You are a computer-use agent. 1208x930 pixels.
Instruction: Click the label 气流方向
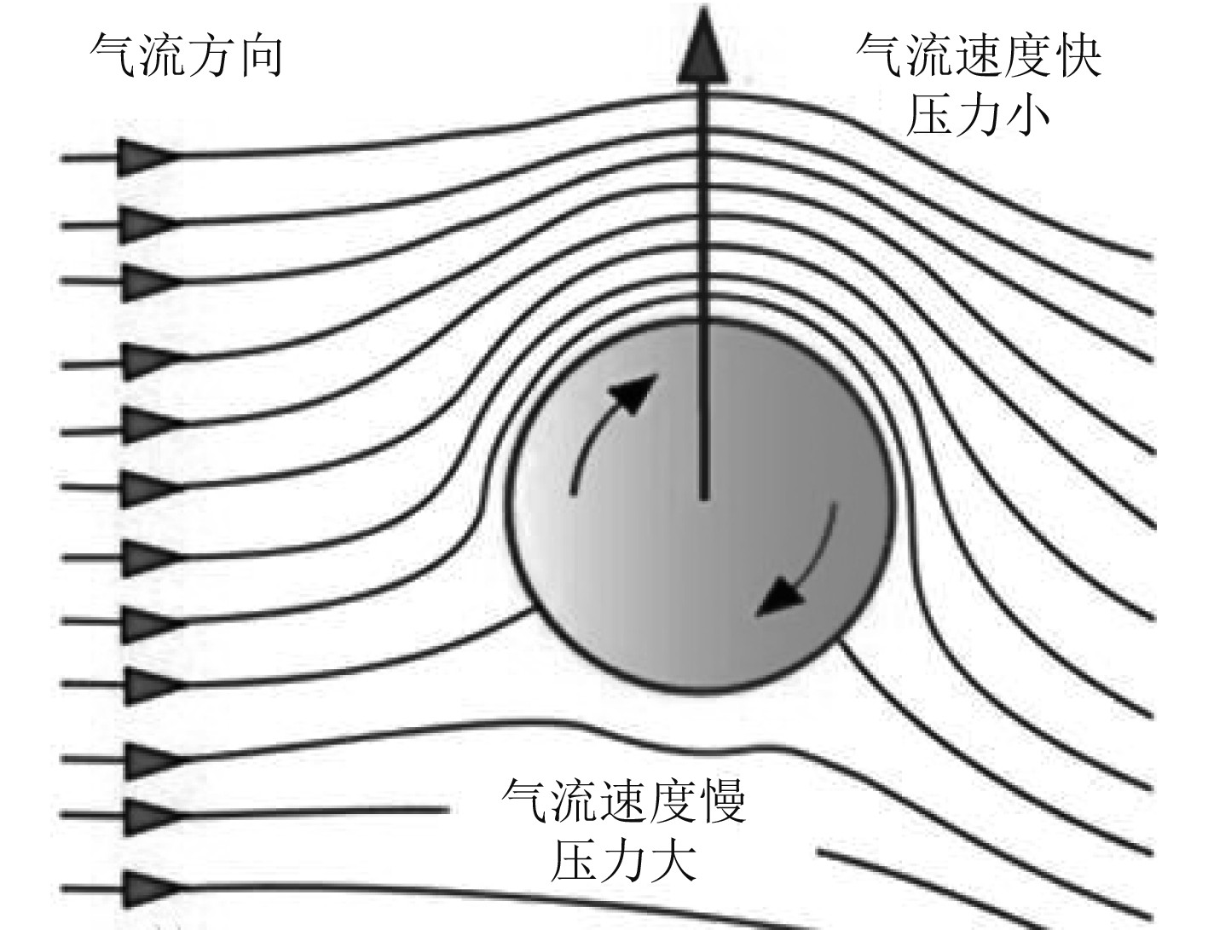pos(186,55)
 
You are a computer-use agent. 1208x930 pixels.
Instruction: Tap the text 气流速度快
pos(979,55)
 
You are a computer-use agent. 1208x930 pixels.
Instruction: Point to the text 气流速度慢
pos(624,800)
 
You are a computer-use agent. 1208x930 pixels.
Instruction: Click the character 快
pos(1076,55)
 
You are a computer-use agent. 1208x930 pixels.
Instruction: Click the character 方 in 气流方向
pos(211,55)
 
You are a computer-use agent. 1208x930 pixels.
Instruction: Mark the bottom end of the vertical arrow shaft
pos(703,494)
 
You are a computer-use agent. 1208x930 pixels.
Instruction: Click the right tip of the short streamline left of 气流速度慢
pos(447,810)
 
